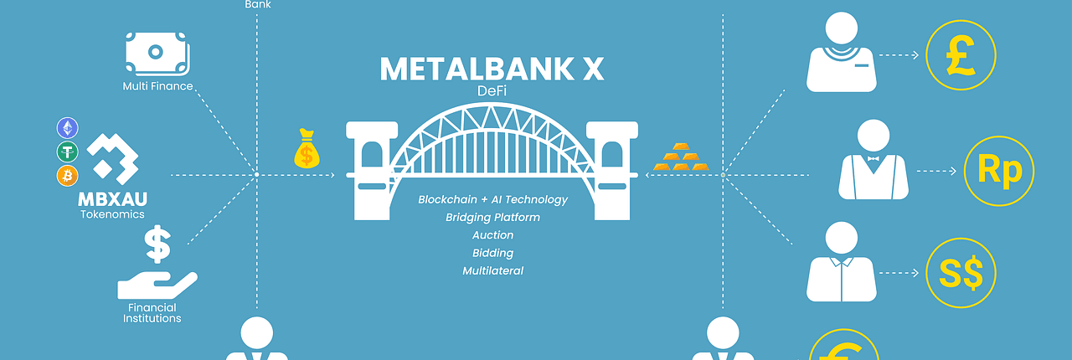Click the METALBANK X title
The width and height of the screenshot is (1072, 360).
[492, 69]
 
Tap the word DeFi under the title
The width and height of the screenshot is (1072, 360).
[492, 91]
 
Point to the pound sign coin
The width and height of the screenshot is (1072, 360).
[961, 54]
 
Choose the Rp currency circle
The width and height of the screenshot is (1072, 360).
[999, 171]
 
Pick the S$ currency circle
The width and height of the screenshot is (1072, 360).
[961, 273]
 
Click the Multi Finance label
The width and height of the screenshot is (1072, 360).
[157, 86]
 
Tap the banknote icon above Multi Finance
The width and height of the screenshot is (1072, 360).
[157, 54]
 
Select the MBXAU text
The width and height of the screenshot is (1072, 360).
[112, 199]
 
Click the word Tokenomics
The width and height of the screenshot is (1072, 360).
[112, 214]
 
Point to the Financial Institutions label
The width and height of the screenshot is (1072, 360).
[152, 313]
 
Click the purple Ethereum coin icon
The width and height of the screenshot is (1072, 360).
[68, 128]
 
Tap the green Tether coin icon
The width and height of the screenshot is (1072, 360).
[68, 152]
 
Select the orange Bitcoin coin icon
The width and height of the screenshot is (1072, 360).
[68, 175]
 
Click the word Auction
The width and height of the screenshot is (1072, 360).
[492, 235]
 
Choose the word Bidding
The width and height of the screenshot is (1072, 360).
[492, 253]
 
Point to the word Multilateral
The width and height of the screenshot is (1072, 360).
[492, 271]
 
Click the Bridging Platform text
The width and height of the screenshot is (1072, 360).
[492, 218]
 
